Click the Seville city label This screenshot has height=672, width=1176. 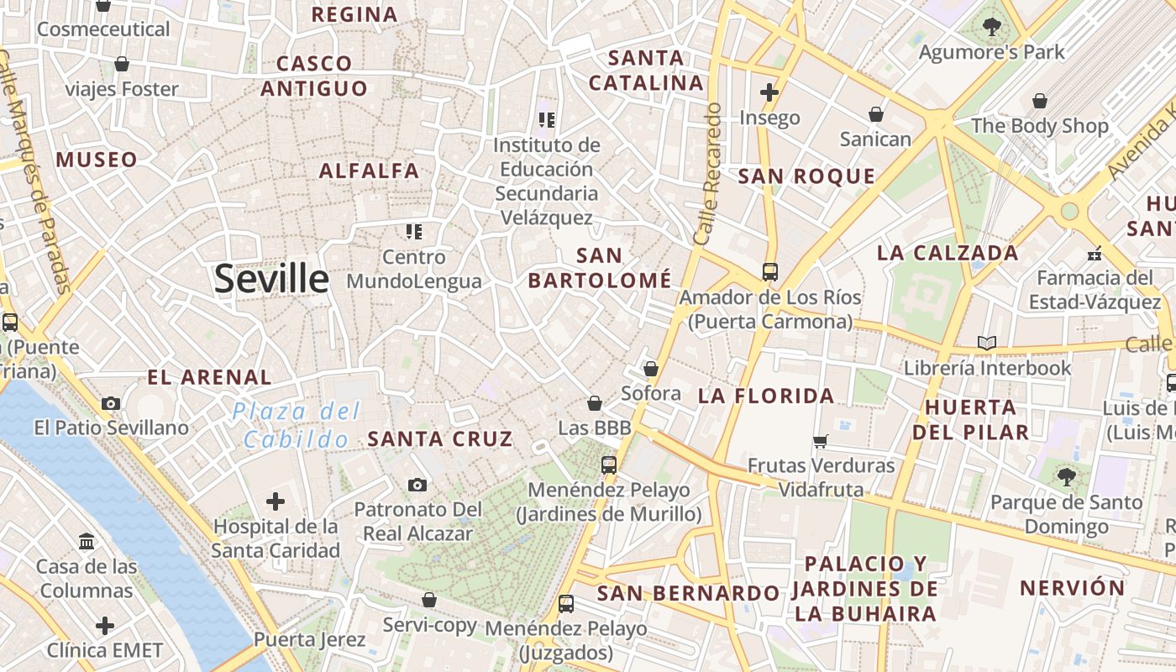tap(271, 279)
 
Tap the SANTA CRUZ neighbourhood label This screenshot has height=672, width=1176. tap(440, 438)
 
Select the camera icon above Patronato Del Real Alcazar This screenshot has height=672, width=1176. tap(417, 485)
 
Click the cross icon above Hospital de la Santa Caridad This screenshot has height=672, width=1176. tap(275, 502)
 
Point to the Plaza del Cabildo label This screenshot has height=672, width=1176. tap(297, 425)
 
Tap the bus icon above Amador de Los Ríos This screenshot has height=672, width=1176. tap(769, 272)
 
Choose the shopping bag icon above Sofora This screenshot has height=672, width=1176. tap(650, 369)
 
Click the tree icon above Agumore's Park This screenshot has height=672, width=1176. tap(991, 27)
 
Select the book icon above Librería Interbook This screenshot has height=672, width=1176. tap(987, 343)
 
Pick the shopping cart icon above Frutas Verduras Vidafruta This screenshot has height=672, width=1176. tap(821, 441)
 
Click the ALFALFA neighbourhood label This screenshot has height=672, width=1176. tap(369, 171)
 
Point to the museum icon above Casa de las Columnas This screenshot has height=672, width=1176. tap(87, 541)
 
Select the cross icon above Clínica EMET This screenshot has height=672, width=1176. tap(104, 626)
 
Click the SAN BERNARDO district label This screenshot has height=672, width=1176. tap(688, 593)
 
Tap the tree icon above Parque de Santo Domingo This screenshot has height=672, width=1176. tap(1066, 477)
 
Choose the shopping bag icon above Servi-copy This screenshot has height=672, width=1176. tap(429, 600)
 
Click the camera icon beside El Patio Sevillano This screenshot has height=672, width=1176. tap(111, 403)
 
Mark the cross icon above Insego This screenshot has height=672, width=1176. tap(769, 92)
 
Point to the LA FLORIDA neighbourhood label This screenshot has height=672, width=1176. tap(766, 396)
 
